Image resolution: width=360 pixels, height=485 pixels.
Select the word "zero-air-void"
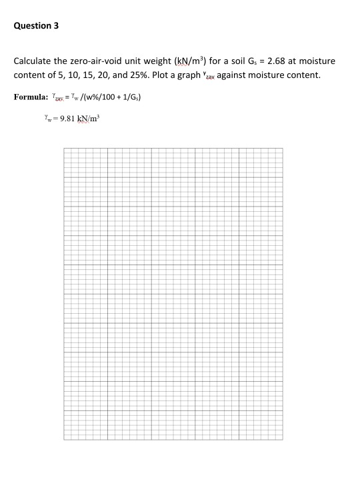88,61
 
